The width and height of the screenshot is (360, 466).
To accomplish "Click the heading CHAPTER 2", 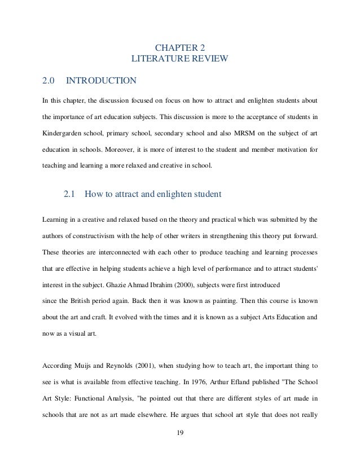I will tap(180, 46).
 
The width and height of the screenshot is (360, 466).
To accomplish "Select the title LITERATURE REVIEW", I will tap(180, 58).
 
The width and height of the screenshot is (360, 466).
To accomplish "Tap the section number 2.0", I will tap(48, 81).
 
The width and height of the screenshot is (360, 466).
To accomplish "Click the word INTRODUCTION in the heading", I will tap(102, 81).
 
